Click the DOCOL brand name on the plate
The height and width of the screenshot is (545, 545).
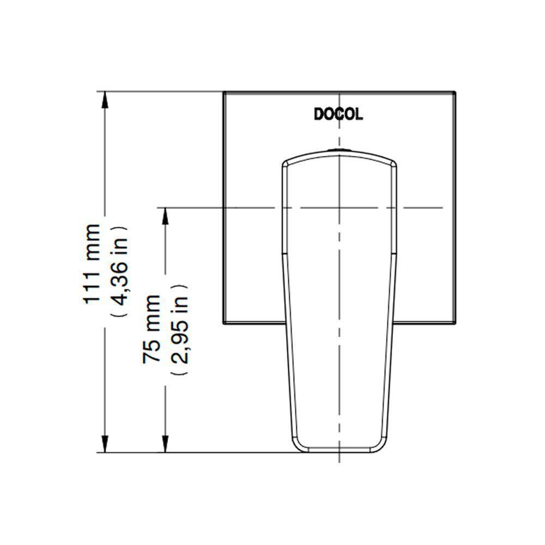click(x=338, y=114)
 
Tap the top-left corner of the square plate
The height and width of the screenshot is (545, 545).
click(x=223, y=91)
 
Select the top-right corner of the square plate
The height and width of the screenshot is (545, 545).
click(x=454, y=91)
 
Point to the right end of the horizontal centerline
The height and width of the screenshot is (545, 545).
click(x=441, y=208)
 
